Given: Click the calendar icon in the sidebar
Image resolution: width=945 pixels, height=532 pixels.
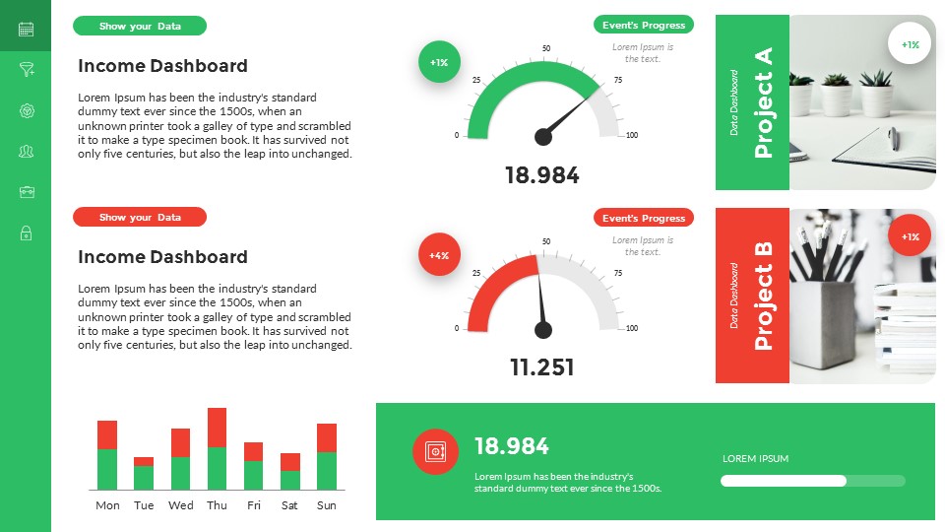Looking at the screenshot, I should click(x=26, y=30).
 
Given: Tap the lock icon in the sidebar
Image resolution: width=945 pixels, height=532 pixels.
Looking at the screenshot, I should click(x=26, y=233).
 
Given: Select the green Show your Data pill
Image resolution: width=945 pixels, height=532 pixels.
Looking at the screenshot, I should click(x=140, y=26).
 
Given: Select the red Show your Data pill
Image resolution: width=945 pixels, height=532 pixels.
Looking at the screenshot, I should click(x=140, y=217).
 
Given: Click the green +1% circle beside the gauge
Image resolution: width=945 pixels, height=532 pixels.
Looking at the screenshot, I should click(x=439, y=62).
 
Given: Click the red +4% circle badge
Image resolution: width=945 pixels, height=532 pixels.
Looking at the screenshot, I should click(x=439, y=255).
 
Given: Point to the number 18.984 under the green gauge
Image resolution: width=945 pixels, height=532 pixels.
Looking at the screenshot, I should click(x=541, y=175).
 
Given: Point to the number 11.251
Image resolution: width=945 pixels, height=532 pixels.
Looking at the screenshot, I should click(x=541, y=367).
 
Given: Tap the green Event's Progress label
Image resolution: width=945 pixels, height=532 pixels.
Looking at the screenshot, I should click(x=644, y=25).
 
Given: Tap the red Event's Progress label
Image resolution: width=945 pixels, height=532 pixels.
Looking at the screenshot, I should click(x=644, y=218).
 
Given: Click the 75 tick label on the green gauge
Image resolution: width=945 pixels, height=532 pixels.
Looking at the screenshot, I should click(x=618, y=80).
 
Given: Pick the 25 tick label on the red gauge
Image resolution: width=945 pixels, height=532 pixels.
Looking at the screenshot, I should click(x=476, y=273).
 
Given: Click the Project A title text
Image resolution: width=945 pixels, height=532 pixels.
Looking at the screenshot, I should click(x=763, y=102).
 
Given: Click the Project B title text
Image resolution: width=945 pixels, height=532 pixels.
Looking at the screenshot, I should click(x=763, y=296).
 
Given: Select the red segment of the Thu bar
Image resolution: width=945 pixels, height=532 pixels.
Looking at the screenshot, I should click(x=218, y=427).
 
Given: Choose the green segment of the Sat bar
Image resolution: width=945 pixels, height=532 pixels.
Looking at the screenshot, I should click(x=289, y=480).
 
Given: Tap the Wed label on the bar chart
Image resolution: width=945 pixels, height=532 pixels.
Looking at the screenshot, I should click(x=181, y=505).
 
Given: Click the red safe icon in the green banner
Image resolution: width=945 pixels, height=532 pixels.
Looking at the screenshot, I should click(x=434, y=452).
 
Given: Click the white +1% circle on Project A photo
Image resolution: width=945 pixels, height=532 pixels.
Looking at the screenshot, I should click(x=910, y=44).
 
